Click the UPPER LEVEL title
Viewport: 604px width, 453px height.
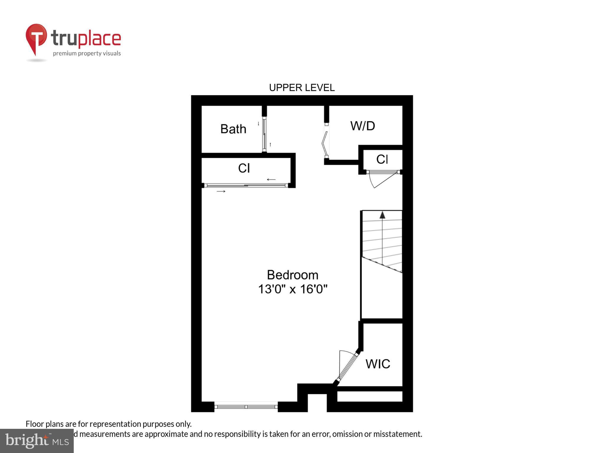click(302, 88)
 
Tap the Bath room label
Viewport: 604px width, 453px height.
click(233, 129)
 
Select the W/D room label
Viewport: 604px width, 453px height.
click(362, 126)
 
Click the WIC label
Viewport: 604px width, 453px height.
click(377, 364)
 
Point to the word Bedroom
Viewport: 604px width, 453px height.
click(293, 275)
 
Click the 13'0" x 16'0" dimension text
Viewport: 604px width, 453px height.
click(293, 289)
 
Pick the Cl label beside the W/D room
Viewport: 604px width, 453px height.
click(382, 159)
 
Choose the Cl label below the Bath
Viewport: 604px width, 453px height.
click(244, 168)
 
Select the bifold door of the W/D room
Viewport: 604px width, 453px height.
click(325, 141)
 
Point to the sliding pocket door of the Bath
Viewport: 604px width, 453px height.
click(264, 135)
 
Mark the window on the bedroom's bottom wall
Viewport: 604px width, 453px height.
click(246, 407)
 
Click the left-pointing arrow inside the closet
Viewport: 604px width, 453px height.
click(271, 179)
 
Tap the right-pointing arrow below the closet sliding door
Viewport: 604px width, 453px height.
click(221, 191)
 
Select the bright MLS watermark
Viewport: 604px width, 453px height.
click(37, 441)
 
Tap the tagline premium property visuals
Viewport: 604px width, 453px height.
click(87, 53)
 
